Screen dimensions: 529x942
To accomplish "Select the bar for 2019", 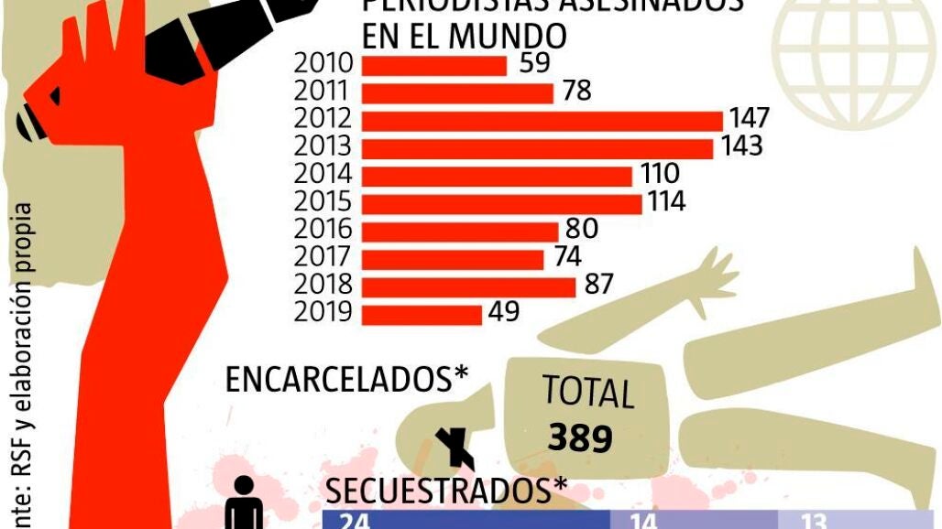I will click(x=422, y=314).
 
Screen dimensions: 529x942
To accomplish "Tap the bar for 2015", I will click(x=502, y=203).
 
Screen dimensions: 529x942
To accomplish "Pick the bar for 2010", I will click(x=434, y=65).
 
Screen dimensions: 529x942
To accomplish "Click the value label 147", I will click(x=749, y=119).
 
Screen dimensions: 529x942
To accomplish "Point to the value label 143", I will click(x=740, y=146).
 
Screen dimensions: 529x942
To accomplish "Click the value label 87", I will click(x=598, y=285).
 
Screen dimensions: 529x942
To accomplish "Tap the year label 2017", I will click(x=324, y=258).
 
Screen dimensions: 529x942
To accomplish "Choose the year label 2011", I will click(x=324, y=92).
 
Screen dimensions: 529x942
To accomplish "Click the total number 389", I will click(x=580, y=438).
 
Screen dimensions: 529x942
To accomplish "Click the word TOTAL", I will click(x=587, y=392).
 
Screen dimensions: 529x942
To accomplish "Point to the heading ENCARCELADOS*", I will click(x=347, y=380).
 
